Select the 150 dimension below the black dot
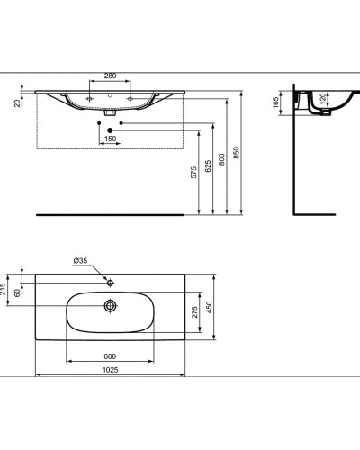click(110, 140)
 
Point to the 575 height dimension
click(194, 175)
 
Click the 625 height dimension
click(211, 166)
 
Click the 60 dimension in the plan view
click(20, 293)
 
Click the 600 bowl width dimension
click(110, 355)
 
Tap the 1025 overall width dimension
click(110, 371)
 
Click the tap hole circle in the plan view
click(110, 283)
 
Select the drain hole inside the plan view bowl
click(110, 306)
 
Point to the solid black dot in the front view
click(110, 131)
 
